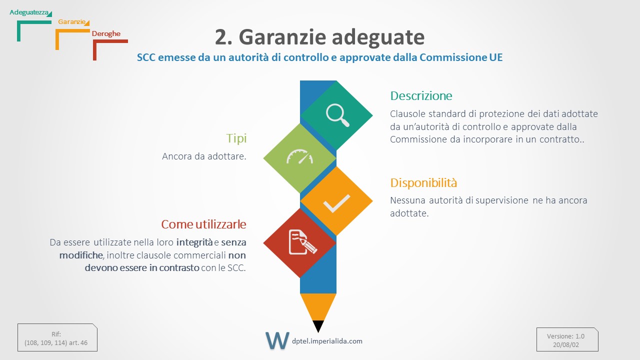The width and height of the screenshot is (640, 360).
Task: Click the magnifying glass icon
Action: click(337, 115)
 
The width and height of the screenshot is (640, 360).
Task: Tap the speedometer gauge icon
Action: click(299, 156)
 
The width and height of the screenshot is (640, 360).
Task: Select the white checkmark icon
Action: click(336, 203)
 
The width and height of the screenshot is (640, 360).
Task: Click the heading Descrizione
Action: click(421, 95)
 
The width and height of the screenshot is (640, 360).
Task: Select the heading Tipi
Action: click(236, 138)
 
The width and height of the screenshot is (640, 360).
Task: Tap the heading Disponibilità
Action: click(423, 182)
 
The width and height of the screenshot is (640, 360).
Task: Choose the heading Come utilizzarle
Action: click(203, 224)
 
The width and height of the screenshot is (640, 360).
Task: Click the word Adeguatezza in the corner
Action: click(29, 12)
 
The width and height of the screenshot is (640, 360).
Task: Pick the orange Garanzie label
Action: click(71, 21)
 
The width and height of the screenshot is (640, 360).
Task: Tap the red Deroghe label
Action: click(106, 33)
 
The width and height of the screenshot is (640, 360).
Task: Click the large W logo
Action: click(277, 340)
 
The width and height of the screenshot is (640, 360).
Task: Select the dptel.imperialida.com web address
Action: click(327, 341)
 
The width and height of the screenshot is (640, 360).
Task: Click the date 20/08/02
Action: click(565, 345)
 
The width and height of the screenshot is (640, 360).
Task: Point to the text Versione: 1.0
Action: click(565, 336)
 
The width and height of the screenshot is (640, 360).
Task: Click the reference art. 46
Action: click(78, 343)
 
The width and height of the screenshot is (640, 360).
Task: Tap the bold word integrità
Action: click(194, 242)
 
